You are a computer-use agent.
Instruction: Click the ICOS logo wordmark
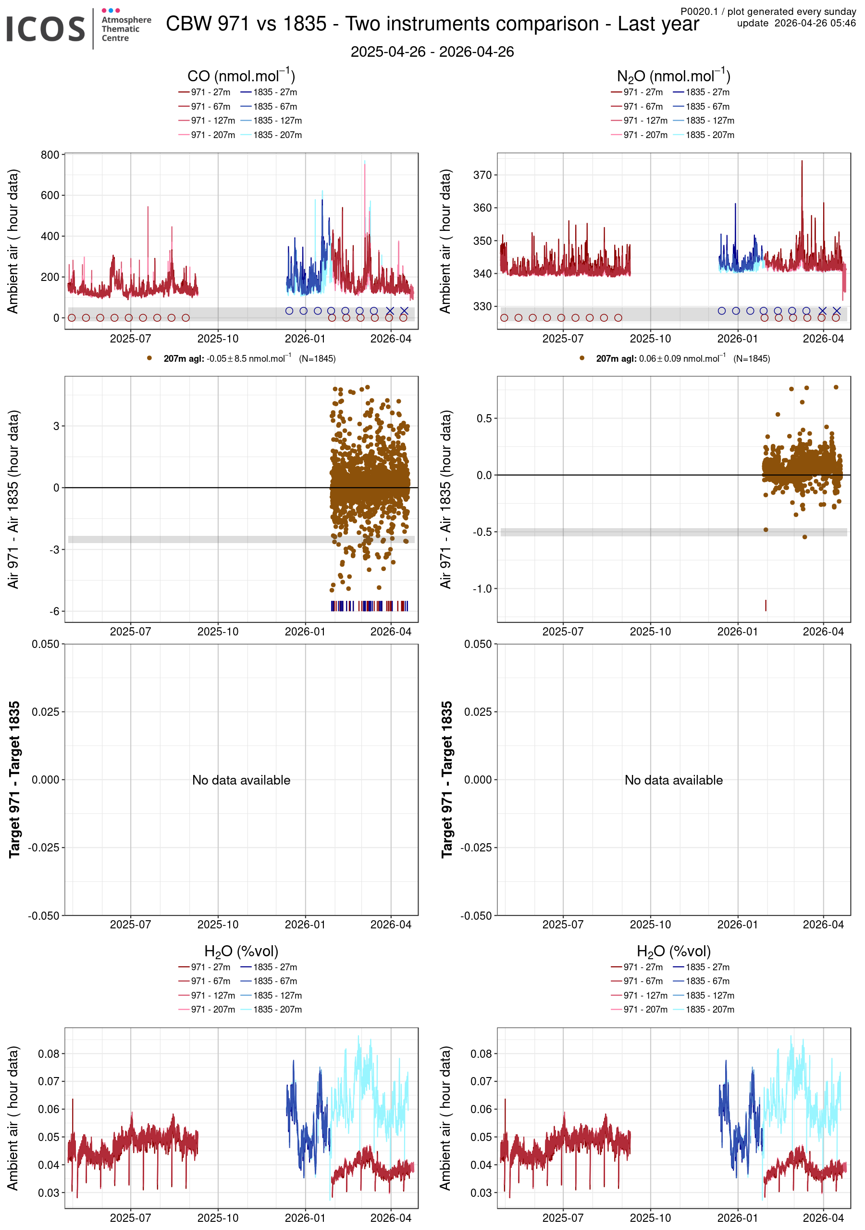click(x=45, y=29)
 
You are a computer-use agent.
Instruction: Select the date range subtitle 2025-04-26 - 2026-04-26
click(x=432, y=52)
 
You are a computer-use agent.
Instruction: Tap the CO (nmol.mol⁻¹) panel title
click(x=241, y=76)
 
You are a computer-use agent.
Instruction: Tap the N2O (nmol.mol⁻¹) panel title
click(x=673, y=76)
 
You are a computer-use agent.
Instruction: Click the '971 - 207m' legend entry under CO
click(x=212, y=135)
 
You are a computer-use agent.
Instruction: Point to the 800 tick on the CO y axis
click(x=50, y=155)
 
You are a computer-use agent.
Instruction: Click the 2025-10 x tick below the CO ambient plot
click(x=218, y=339)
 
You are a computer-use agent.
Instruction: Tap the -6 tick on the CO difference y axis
click(x=55, y=611)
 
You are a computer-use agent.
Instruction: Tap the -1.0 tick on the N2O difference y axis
click(x=483, y=589)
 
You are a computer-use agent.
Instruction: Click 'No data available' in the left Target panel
click(x=241, y=780)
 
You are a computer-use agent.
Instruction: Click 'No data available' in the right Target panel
click(x=673, y=780)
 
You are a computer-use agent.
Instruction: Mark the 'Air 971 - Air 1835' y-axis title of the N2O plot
click(x=445, y=499)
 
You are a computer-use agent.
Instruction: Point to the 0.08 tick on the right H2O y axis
click(x=481, y=1054)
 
